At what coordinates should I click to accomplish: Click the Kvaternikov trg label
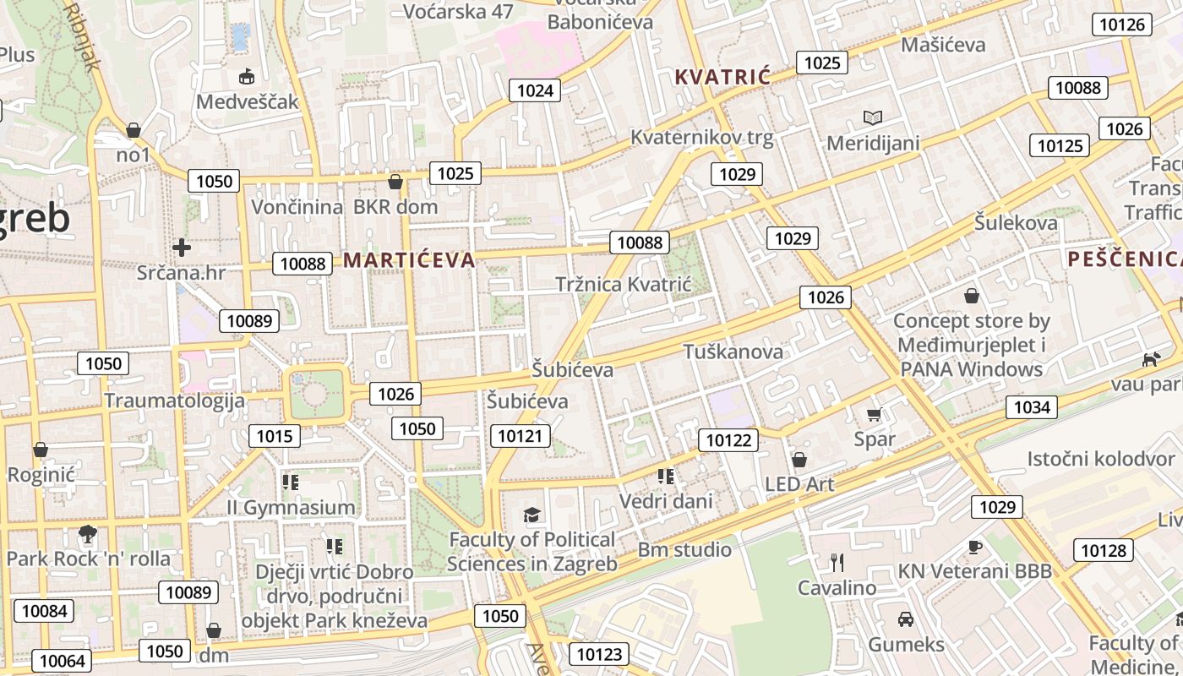pyautogui.click(x=701, y=138)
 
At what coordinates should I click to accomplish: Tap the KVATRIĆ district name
pyautogui.click(x=722, y=77)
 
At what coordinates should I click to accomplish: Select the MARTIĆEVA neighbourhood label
pyautogui.click(x=409, y=259)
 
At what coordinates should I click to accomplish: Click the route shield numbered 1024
pyautogui.click(x=535, y=90)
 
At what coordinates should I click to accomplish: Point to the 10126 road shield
pyautogui.click(x=1122, y=24)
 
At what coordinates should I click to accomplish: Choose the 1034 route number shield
pyautogui.click(x=1031, y=407)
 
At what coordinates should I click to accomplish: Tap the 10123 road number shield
pyautogui.click(x=599, y=653)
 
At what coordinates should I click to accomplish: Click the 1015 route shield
pyautogui.click(x=275, y=436)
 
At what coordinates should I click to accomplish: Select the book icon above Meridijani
pyautogui.click(x=872, y=117)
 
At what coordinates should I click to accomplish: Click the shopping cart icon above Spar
pyautogui.click(x=875, y=414)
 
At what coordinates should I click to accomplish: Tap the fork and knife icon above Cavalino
pyautogui.click(x=837, y=562)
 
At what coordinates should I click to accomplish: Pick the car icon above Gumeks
pyautogui.click(x=906, y=619)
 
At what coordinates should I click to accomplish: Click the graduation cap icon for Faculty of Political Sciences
pyautogui.click(x=532, y=515)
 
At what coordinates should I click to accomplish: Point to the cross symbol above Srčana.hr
pyautogui.click(x=181, y=248)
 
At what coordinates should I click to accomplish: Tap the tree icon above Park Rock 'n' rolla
pyautogui.click(x=87, y=533)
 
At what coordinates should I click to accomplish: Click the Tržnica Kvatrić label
pyautogui.click(x=623, y=284)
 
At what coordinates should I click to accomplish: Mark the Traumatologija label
pyautogui.click(x=174, y=401)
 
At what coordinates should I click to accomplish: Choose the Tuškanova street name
pyautogui.click(x=733, y=352)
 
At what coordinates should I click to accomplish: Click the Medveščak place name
pyautogui.click(x=248, y=101)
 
